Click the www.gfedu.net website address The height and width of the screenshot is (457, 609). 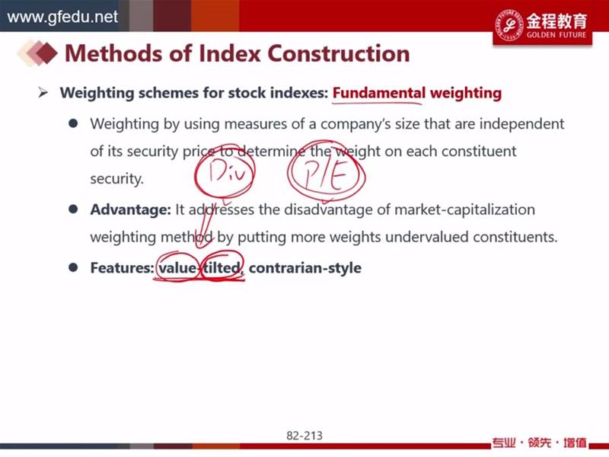(62, 17)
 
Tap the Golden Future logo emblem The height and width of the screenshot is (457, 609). (509, 24)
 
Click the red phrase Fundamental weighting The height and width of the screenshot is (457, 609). (417, 93)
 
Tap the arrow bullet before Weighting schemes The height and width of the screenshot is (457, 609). (43, 93)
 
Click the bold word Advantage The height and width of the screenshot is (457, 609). (130, 209)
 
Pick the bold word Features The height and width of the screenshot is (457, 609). (122, 268)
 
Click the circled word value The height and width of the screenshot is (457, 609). (177, 268)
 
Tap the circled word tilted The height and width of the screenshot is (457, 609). (222, 268)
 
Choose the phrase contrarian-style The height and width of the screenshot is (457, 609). (305, 268)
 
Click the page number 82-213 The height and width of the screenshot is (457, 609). (304, 435)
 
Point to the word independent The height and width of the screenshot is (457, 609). (521, 124)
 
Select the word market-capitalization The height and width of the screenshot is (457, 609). (464, 210)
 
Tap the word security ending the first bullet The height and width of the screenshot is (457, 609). (117, 179)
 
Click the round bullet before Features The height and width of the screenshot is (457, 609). (73, 267)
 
